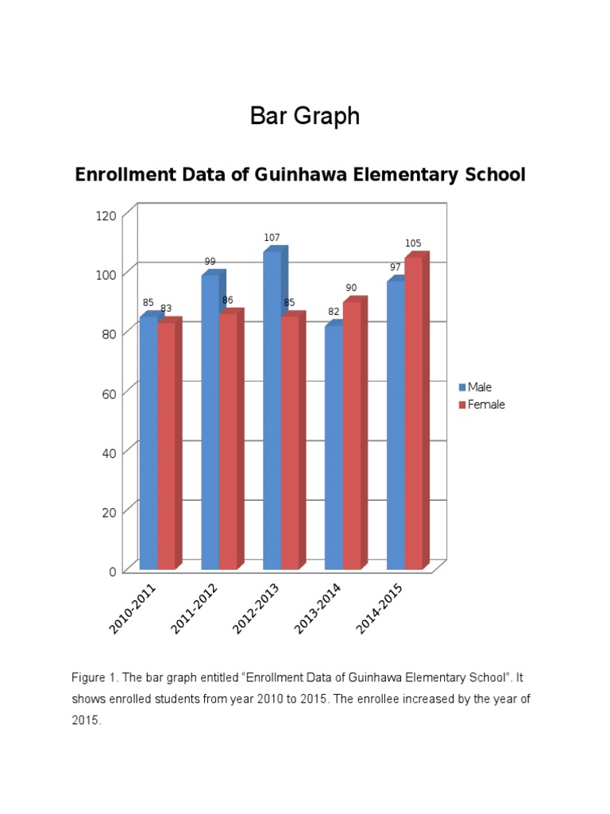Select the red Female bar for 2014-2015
(x=413, y=413)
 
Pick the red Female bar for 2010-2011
(x=166, y=446)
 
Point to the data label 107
(x=272, y=238)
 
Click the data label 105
(x=413, y=244)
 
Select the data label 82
(x=334, y=312)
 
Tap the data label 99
(x=210, y=262)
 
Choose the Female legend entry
(x=482, y=405)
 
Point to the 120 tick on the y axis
(x=107, y=215)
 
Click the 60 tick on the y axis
(x=110, y=393)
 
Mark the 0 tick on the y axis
(x=113, y=571)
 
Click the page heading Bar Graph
(x=305, y=116)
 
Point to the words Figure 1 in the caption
(x=95, y=678)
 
